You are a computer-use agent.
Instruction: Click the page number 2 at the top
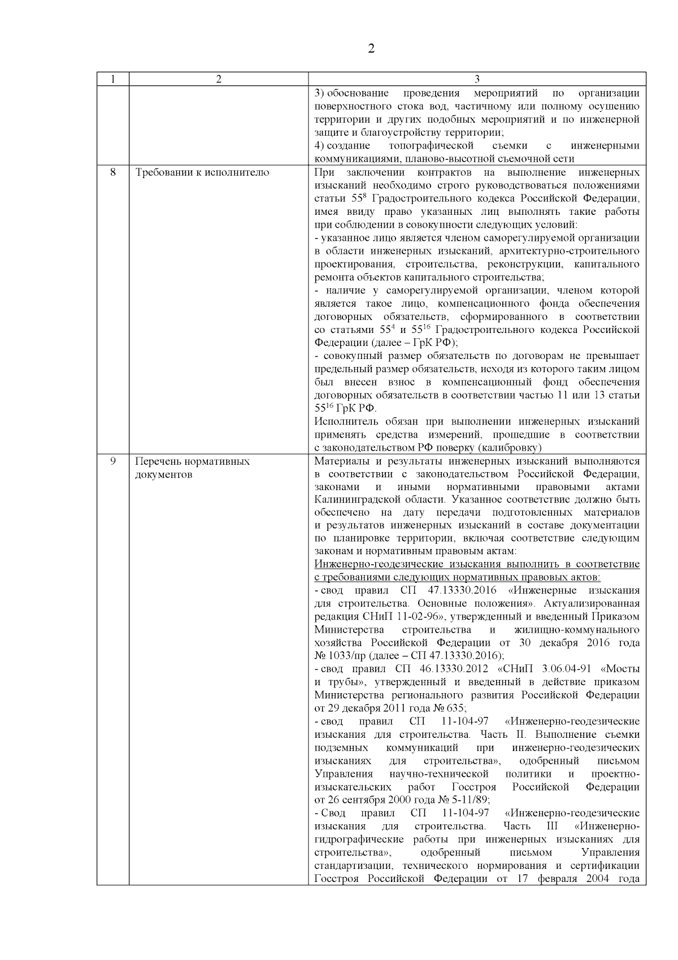tap(371, 49)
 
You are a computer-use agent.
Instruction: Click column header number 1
tap(112, 79)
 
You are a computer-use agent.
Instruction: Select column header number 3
tap(477, 79)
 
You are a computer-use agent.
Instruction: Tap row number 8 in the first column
tap(112, 172)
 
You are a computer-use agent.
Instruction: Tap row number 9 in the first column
tap(112, 461)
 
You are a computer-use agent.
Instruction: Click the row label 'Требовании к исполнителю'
tap(202, 172)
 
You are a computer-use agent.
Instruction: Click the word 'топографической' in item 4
tap(427, 146)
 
